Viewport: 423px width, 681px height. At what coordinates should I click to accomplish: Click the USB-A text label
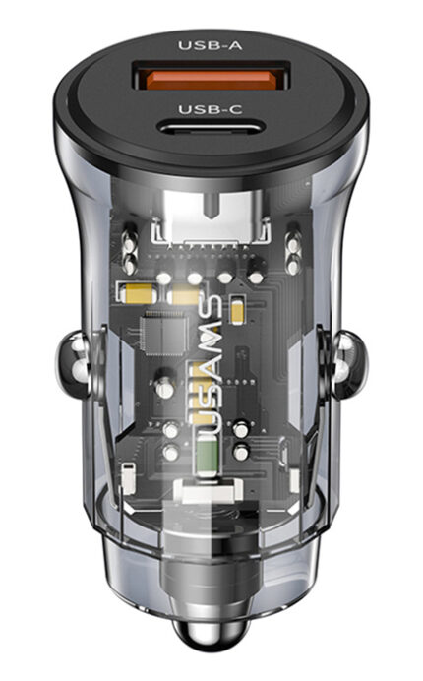pos(210,45)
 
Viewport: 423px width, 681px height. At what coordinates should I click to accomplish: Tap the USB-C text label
pos(210,109)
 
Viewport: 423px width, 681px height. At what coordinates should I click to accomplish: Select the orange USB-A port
pos(211,80)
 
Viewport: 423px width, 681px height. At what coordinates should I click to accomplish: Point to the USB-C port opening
pos(211,129)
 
